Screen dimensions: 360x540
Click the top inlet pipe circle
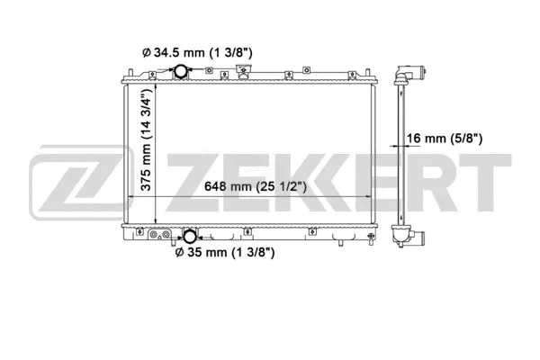181,72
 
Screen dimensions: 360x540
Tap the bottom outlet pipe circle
190,238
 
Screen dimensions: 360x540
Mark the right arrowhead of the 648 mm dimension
372,197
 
